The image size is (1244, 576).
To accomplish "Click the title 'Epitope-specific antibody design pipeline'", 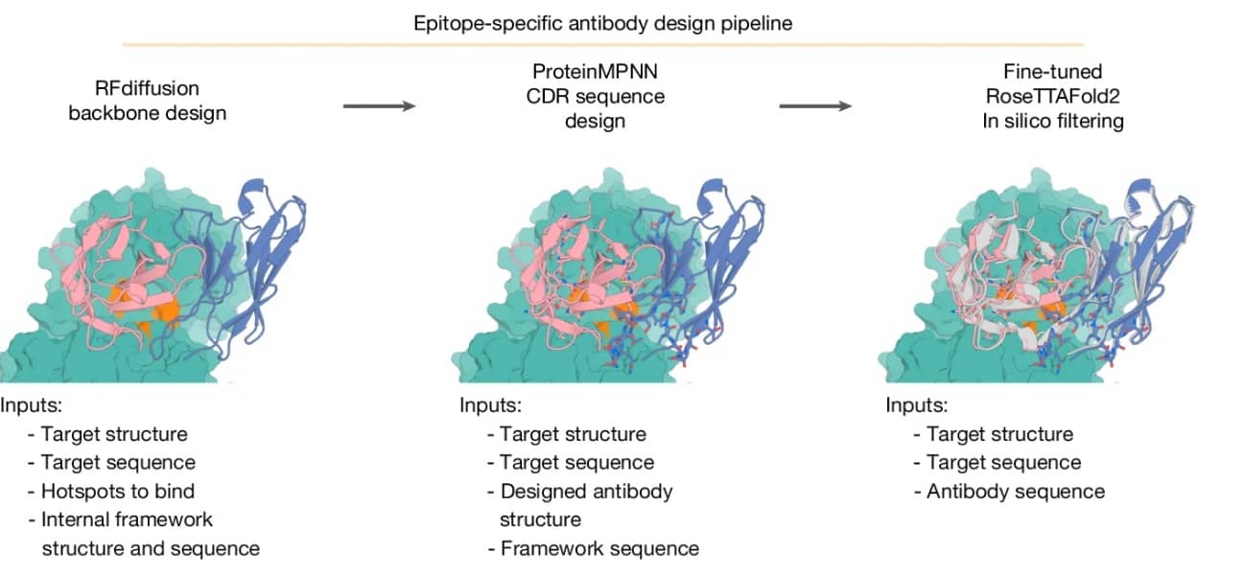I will point(602,23).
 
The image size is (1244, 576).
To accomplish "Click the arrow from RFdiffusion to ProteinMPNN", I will point(379,105).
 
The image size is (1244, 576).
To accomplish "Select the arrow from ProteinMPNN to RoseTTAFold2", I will point(814,105).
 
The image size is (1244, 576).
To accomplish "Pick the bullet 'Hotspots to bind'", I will point(118,491).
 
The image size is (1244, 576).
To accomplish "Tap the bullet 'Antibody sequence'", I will point(1016,491).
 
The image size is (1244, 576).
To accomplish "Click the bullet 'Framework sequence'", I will point(599,548).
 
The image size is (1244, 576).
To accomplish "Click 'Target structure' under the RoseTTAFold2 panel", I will point(999,433).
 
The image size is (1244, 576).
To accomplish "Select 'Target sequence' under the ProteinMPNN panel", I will point(576,462).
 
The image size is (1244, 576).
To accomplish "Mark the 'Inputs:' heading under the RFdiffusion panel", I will point(31,404).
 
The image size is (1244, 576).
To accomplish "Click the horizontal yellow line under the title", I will point(602,44).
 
